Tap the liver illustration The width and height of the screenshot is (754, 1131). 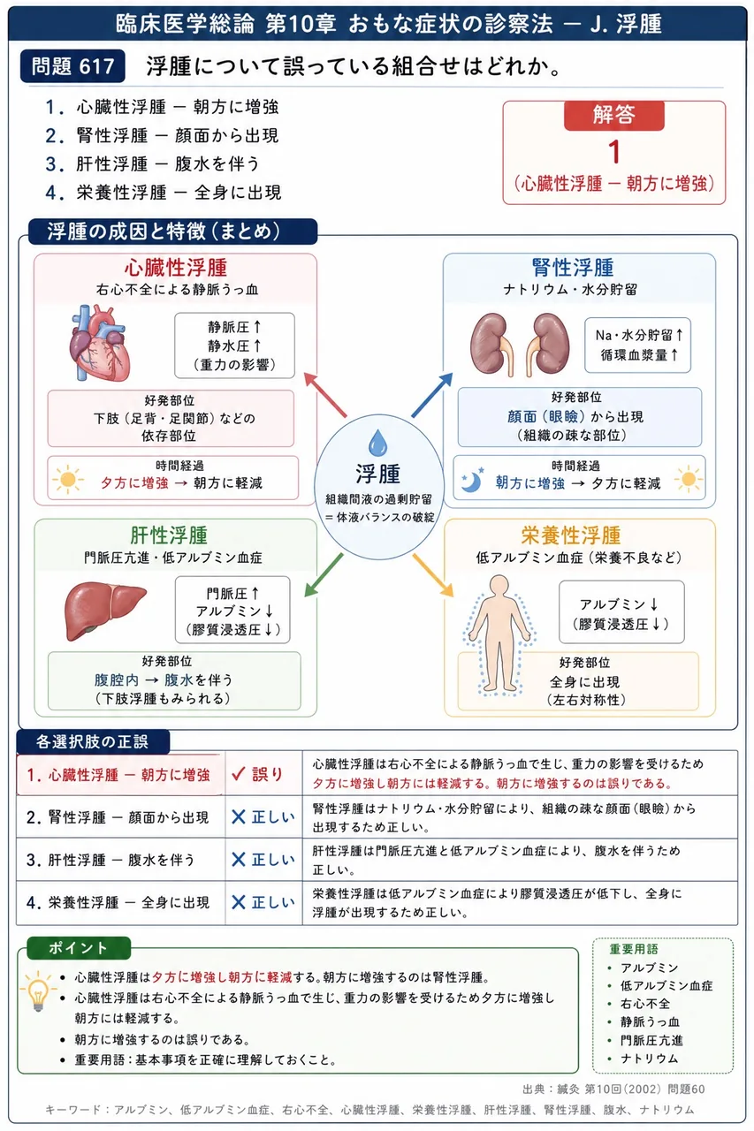[x=105, y=611]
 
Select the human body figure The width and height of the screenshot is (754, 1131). [x=499, y=634]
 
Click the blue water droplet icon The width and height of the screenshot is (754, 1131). [x=377, y=443]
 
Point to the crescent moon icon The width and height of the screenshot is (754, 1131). [x=472, y=480]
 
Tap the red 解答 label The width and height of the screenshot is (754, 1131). [x=613, y=115]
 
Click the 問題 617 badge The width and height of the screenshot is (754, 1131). [x=72, y=66]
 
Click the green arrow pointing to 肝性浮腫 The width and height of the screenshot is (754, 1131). [x=324, y=575]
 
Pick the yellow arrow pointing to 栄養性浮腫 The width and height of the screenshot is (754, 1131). [x=433, y=575]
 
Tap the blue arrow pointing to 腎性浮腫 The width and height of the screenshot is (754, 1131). [x=432, y=395]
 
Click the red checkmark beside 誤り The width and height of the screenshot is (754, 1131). [x=239, y=773]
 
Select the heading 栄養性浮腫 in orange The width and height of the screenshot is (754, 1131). [x=571, y=535]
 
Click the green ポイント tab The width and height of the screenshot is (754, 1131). [x=79, y=948]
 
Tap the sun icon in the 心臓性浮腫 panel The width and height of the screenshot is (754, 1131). [x=67, y=480]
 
